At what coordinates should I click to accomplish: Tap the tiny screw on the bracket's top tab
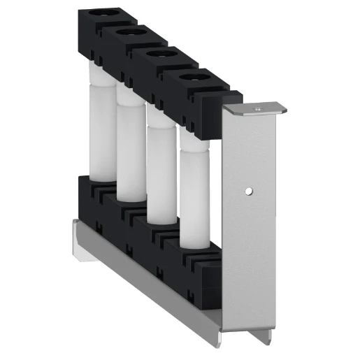coord(257,109)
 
